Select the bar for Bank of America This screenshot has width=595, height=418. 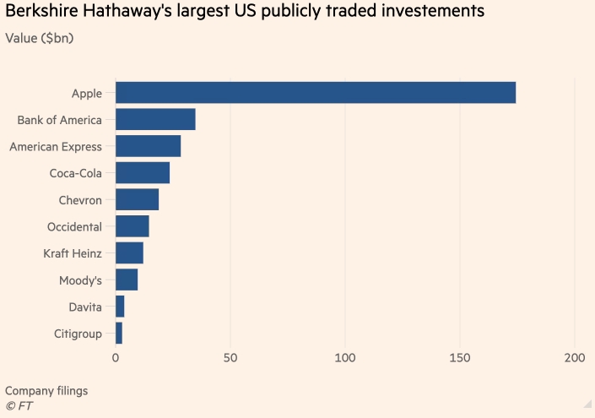click(155, 119)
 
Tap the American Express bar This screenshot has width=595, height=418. click(148, 146)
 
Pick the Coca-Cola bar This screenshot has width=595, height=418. click(143, 172)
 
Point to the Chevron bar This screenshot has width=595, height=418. click(137, 199)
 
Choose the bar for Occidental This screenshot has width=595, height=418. click(133, 226)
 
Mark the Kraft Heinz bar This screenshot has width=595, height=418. click(129, 252)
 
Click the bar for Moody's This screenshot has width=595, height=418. click(127, 280)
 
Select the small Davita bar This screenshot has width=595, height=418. click(120, 307)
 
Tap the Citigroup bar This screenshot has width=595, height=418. click(119, 333)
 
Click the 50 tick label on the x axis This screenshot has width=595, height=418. click(230, 358)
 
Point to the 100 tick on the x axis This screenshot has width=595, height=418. click(345, 358)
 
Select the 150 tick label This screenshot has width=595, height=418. click(460, 358)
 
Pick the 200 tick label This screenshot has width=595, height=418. click(575, 358)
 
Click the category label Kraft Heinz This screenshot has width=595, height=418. click(73, 253)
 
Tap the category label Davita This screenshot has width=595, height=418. click(85, 307)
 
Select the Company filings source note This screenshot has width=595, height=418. click(46, 391)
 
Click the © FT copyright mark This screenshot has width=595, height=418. click(19, 406)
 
